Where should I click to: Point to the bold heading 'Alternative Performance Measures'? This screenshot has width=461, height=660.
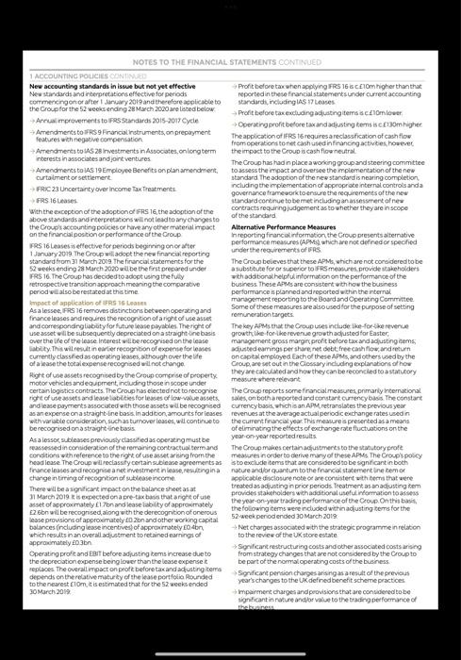(283, 227)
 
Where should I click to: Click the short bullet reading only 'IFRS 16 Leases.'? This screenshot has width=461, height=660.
(58, 202)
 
